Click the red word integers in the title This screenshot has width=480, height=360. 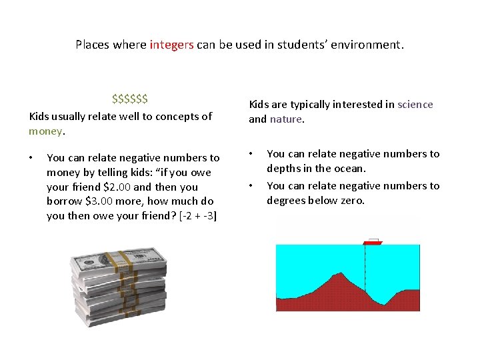click(171, 45)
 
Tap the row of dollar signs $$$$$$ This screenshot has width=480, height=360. click(130, 99)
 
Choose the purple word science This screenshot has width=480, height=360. click(415, 104)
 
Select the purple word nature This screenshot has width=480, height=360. click(286, 119)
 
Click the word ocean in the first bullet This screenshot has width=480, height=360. click(350, 169)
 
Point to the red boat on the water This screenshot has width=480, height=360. click(373, 242)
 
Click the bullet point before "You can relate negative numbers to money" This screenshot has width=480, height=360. click(31, 158)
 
